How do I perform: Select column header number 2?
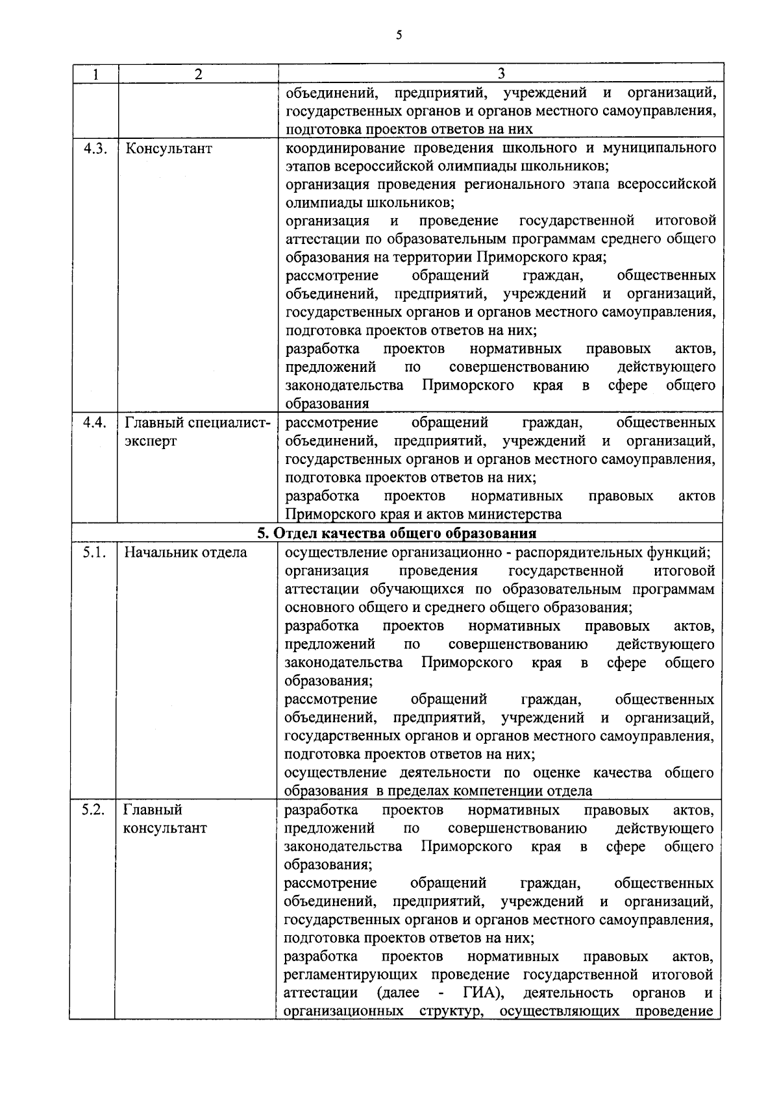pos(198,74)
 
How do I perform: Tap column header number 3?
pos(501,73)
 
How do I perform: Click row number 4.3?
pos(95,148)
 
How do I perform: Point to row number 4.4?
pos(95,423)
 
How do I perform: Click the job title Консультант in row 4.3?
pos(168,149)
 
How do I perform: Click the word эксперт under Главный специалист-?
pos(150,442)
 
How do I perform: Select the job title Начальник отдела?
pos(185,553)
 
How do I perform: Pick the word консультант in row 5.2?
pos(165,829)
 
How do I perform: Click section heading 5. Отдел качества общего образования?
pos(397,533)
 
